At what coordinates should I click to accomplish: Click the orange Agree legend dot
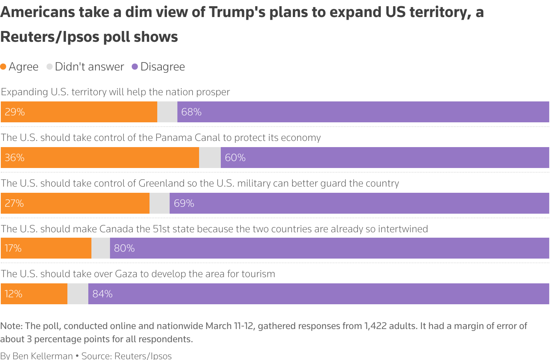coord(3,67)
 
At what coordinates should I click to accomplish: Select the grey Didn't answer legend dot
coord(50,67)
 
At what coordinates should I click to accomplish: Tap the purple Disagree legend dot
coord(135,67)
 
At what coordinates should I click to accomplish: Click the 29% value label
coord(15,112)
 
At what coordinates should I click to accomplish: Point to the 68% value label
coord(191,112)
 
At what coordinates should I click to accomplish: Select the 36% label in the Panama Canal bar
coord(15,158)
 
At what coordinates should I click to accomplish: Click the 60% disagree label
coord(235,158)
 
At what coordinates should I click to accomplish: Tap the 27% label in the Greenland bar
coord(14,203)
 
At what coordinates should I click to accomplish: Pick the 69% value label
coord(184,203)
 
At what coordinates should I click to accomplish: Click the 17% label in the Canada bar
coord(13,248)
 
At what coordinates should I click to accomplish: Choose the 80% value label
coord(124,248)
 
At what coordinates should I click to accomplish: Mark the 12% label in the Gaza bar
coord(14,294)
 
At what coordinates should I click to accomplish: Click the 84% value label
coord(103,294)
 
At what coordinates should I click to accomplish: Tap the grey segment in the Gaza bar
coord(78,294)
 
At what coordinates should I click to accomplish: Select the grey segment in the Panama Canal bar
coord(210,158)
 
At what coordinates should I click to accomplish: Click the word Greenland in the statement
coord(162,183)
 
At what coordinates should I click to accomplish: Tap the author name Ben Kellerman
coord(43,356)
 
